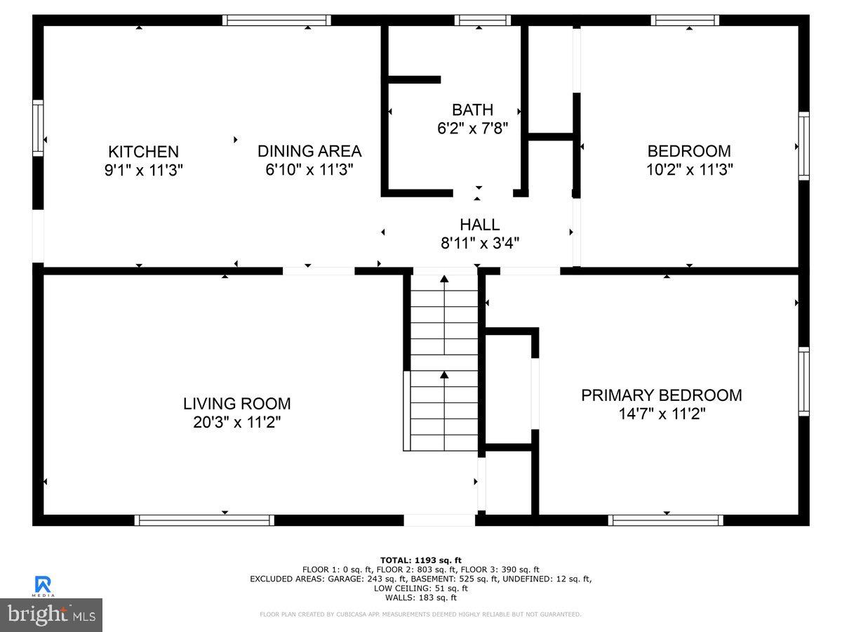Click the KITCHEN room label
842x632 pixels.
143,151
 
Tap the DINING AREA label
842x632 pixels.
309,151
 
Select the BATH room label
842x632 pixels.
472,110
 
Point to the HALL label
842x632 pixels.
480,225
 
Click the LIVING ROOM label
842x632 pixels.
236,404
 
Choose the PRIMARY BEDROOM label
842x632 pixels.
661,395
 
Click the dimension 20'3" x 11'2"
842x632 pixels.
236,422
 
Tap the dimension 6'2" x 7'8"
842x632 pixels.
472,128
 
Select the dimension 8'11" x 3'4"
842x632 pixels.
480,243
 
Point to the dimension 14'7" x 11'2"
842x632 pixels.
661,414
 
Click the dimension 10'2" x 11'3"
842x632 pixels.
689,169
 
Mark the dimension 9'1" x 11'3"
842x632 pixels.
143,169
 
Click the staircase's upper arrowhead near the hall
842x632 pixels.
444,279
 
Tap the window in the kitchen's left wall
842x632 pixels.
38,128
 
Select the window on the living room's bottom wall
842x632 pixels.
204,520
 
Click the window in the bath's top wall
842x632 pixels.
482,20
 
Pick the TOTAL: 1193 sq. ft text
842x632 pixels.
421,560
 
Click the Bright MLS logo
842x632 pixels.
51,614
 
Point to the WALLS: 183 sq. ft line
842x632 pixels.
421,598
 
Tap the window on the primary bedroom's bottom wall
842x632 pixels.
665,520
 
